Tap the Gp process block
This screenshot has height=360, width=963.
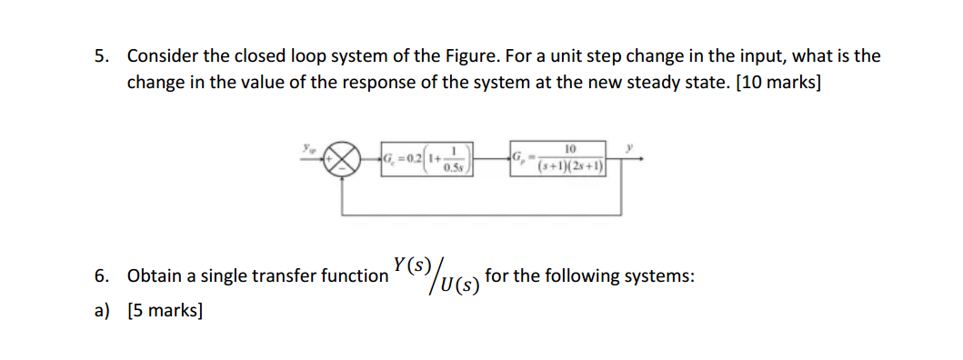coord(557,159)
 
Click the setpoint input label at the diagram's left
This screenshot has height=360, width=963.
coord(306,146)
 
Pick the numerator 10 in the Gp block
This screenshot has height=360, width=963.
coord(571,150)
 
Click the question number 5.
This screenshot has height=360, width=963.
coord(101,56)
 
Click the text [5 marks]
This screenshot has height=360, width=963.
coord(166,311)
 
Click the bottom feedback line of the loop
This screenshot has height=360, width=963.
coord(482,215)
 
